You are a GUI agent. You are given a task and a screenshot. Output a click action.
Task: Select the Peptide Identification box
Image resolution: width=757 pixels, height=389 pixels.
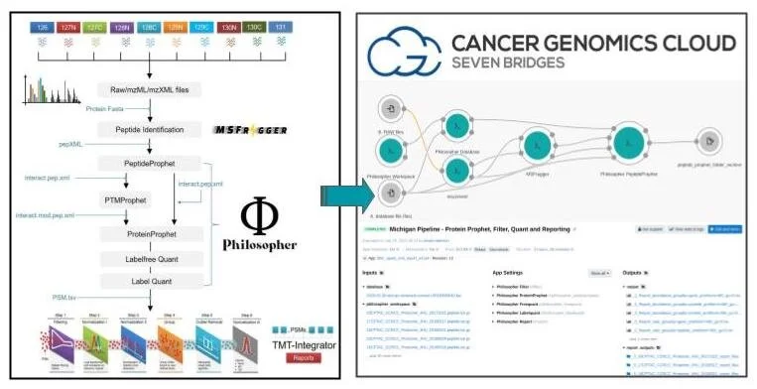149,129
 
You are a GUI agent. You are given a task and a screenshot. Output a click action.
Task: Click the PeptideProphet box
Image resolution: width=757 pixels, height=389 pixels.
149,164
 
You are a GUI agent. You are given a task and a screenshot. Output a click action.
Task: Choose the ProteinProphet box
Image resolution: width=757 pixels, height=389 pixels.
149,234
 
